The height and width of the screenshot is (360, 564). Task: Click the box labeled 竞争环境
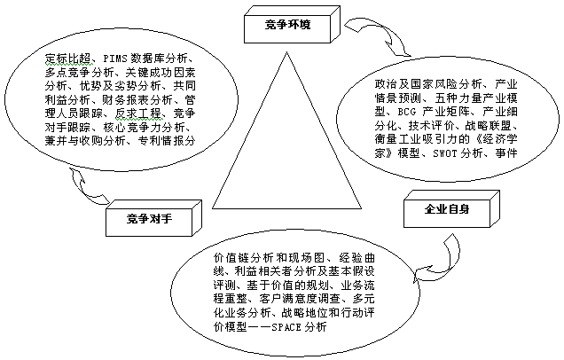(x=292, y=25)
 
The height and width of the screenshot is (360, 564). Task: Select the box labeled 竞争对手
(x=153, y=218)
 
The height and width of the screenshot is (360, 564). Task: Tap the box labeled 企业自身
(x=451, y=209)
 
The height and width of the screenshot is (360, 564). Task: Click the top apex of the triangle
(x=286, y=52)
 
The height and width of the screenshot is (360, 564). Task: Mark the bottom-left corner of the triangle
(x=213, y=208)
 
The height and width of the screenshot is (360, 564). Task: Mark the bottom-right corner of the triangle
(x=361, y=208)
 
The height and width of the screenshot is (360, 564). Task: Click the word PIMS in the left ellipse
(x=115, y=59)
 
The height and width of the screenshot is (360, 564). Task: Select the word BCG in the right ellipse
(x=407, y=112)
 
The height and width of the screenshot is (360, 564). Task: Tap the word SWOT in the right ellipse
(x=444, y=153)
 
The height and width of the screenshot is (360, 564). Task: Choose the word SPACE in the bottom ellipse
(x=286, y=327)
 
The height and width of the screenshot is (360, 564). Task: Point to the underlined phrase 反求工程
(x=138, y=113)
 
